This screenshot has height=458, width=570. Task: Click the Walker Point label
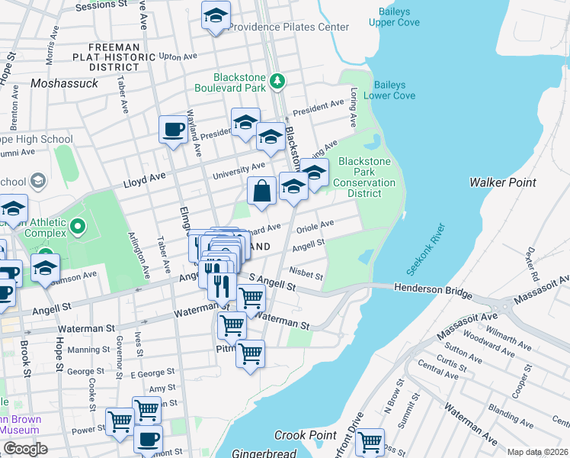pos(502,182)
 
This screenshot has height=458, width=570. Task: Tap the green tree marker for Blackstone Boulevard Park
pos(279,79)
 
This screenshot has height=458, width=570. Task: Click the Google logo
pos(24,449)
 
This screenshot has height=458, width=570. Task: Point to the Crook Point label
pos(306,435)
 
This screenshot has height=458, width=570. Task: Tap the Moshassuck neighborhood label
pos(65,82)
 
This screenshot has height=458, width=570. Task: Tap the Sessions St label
pos(101,5)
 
